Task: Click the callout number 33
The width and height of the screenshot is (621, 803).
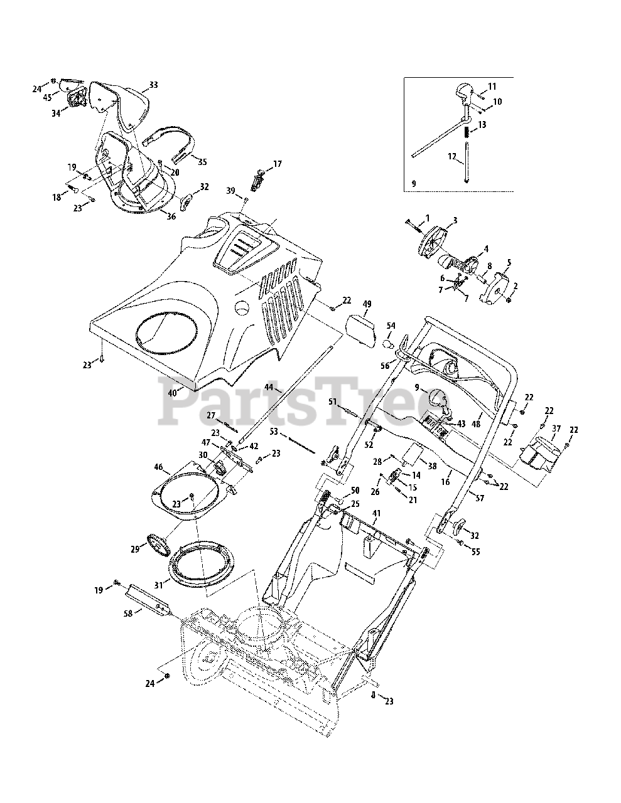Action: click(x=153, y=85)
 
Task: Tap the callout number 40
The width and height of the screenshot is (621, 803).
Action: click(x=173, y=393)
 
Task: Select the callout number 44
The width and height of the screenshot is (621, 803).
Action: click(x=269, y=387)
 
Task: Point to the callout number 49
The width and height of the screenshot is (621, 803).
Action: click(x=367, y=304)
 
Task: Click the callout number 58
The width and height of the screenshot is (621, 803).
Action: click(x=128, y=614)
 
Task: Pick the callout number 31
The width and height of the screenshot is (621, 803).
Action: click(x=159, y=585)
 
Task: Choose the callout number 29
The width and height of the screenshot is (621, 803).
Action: click(x=135, y=550)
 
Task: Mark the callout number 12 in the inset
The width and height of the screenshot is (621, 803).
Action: click(x=452, y=157)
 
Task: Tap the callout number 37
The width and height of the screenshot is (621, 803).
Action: click(x=556, y=428)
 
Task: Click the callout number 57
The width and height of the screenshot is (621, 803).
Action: click(x=479, y=498)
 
